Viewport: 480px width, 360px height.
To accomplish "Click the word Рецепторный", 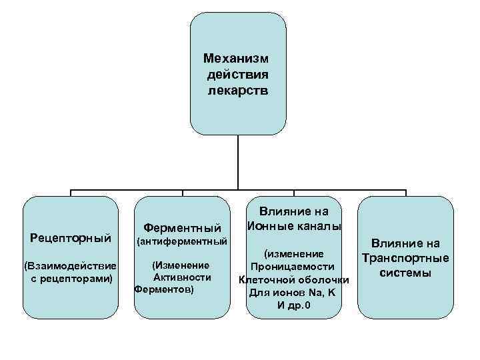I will click(x=71, y=237).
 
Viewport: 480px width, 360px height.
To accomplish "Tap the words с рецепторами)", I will click(x=71, y=277).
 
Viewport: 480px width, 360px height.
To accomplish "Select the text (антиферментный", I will click(x=182, y=240).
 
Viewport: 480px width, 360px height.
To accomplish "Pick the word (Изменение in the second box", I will click(x=182, y=265).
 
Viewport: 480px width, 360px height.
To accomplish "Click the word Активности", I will click(x=182, y=277).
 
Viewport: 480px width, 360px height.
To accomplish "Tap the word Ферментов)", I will click(x=164, y=289).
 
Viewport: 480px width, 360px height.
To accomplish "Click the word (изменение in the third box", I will click(x=294, y=253).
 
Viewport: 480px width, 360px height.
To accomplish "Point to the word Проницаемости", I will click(x=293, y=266).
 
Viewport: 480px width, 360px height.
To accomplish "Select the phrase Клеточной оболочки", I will click(x=294, y=279).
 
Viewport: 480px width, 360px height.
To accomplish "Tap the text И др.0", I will click(x=294, y=305).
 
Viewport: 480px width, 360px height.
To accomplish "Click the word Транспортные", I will click(x=405, y=258).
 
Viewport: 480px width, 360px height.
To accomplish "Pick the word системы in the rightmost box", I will click(x=405, y=273).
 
